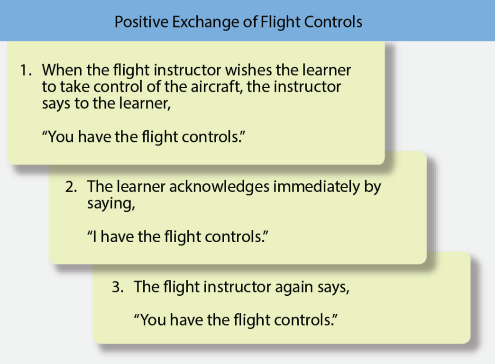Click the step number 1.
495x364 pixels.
coord(26,70)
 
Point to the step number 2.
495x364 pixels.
coord(71,187)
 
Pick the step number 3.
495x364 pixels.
coord(118,287)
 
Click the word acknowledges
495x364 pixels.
coord(220,187)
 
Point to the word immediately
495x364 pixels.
coord(316,187)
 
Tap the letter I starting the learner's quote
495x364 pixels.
coord(94,237)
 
